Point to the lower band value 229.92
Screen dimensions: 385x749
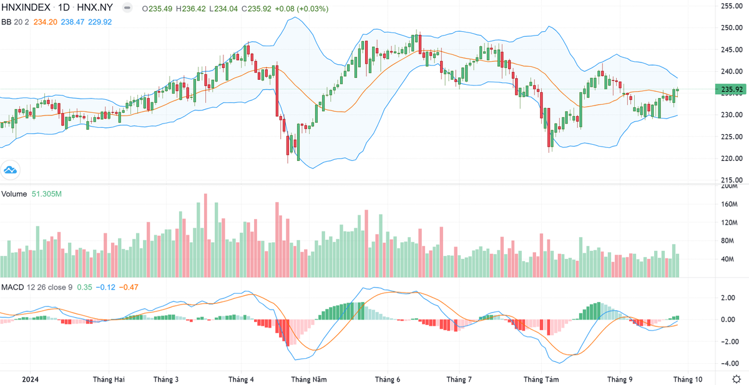tap(100, 22)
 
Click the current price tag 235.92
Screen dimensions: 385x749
tap(731, 90)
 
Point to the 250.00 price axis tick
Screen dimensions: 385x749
tap(731, 28)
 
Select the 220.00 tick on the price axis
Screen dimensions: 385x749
tap(731, 158)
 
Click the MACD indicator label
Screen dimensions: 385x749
tap(12, 287)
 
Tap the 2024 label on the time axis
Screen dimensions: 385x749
tap(30, 379)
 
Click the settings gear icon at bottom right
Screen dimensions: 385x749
tap(737, 379)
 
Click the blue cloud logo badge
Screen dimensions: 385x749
tap(11, 169)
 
